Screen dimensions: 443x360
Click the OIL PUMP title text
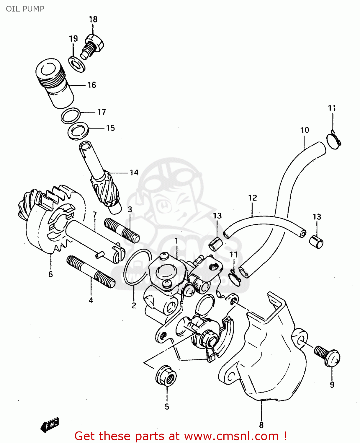pos(25,9)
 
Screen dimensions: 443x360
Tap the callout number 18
pos(93,19)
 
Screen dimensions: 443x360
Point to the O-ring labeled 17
pos(71,115)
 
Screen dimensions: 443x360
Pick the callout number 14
pos(134,172)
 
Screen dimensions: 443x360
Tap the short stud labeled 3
pos(122,230)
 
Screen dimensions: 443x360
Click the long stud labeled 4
pos(91,272)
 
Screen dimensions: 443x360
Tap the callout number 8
pos(261,425)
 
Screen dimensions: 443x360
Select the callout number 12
pos(253,198)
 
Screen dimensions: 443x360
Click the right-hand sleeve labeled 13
pos(316,242)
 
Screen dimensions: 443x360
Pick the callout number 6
pos(50,274)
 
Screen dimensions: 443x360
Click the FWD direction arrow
pos(50,425)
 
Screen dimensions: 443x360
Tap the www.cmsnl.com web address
pos(232,436)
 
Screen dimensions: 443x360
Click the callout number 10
pos(305,130)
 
